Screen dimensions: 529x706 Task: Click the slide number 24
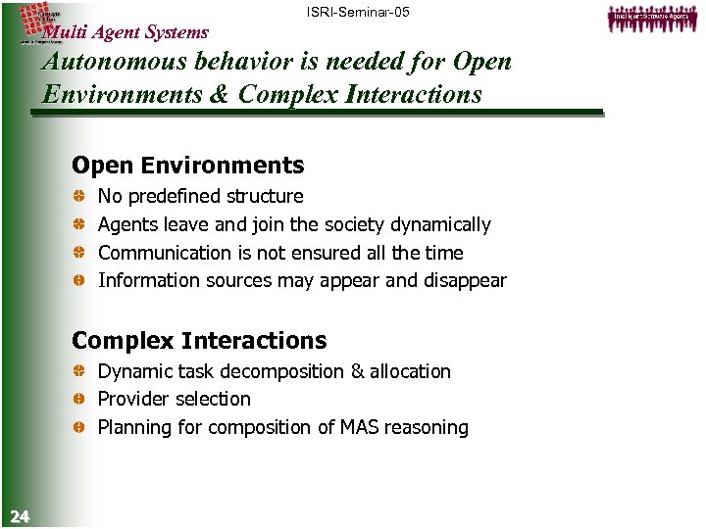click(x=19, y=516)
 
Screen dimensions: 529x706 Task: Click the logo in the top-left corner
click(x=40, y=16)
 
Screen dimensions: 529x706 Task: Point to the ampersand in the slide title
click(x=222, y=95)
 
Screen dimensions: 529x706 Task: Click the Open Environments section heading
click(x=188, y=166)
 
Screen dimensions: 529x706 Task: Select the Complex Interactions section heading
click(x=199, y=341)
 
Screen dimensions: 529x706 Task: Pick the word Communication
click(x=162, y=253)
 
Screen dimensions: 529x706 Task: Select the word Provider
click(x=132, y=400)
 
